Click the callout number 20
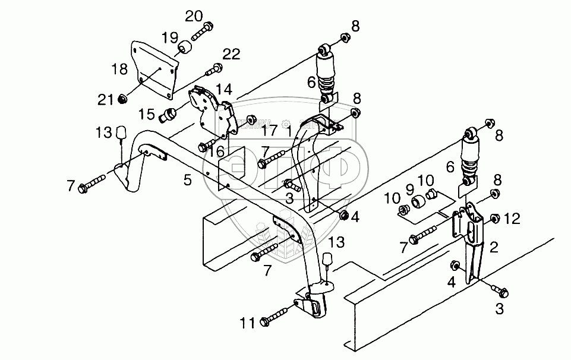coord(194,16)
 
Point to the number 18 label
coord(119,69)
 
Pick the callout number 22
coord(232,55)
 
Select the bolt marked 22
coord(213,71)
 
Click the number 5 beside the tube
coord(188,179)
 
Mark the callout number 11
coord(248,323)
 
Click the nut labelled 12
coord(494,219)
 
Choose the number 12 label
coord(512,219)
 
